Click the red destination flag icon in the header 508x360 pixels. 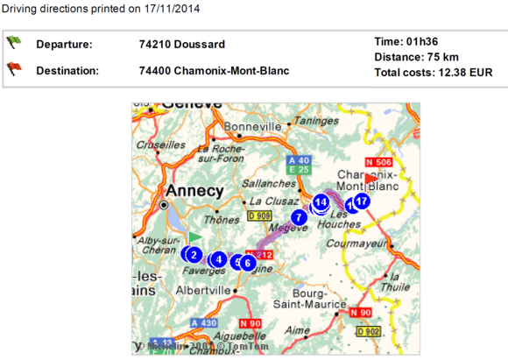click(14, 67)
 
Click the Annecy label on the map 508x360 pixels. click(190, 192)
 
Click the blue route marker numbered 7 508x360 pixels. click(299, 216)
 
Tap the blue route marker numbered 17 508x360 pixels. click(362, 201)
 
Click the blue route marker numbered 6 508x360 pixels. click(248, 262)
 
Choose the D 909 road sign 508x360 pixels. click(260, 215)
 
